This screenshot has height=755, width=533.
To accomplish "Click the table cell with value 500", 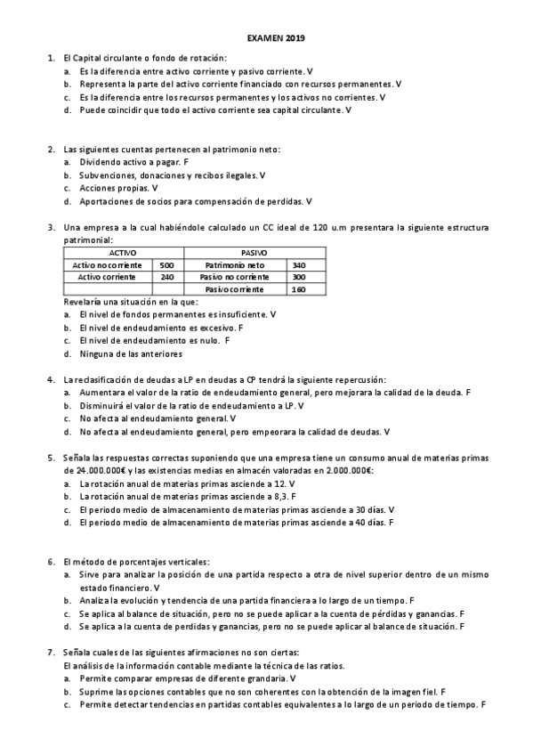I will click(166, 265).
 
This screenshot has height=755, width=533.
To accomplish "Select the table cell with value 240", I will click(166, 277).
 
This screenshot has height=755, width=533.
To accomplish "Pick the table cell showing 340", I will click(298, 265).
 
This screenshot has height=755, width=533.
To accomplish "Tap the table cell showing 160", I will click(298, 289).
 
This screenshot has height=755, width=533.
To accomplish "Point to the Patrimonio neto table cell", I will click(234, 265).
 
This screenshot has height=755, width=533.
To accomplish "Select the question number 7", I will click(52, 653).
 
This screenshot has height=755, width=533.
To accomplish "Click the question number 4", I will click(52, 379).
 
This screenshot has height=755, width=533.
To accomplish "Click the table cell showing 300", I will click(298, 277).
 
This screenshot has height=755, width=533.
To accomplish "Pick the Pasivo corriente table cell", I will click(234, 289).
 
